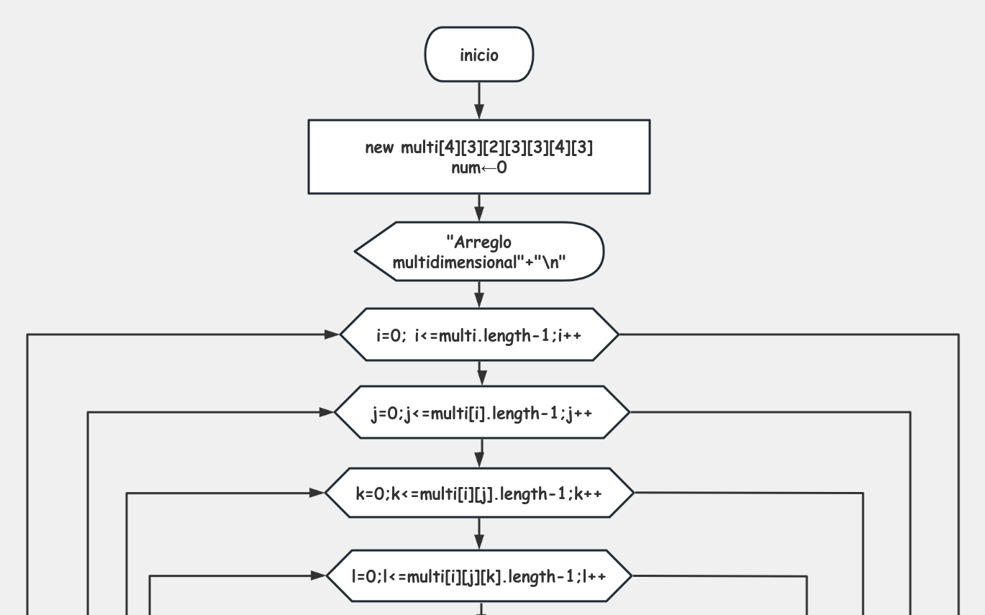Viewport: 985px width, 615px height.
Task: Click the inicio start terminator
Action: point(479,55)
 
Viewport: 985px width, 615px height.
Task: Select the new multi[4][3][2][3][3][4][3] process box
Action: point(479,149)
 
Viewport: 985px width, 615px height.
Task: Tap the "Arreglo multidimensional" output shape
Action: point(479,252)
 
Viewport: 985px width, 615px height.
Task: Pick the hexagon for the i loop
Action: point(479,334)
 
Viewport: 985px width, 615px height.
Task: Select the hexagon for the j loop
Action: point(481,412)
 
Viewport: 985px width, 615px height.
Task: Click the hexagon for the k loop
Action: point(479,493)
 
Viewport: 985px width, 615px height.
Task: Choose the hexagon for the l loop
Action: point(479,576)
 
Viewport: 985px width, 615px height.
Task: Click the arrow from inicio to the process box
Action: point(479,101)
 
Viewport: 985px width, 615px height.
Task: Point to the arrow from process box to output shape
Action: point(479,208)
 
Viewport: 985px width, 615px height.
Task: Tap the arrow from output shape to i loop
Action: point(479,294)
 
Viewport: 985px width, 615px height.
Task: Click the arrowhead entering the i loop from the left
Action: point(332,334)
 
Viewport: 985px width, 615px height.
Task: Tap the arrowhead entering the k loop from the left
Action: point(317,493)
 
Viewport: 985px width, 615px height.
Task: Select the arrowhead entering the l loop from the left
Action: point(319,576)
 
